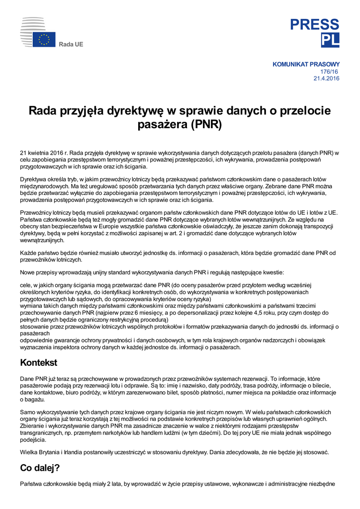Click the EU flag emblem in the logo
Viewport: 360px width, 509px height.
click(44, 39)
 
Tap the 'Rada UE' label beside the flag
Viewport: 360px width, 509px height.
click(71, 45)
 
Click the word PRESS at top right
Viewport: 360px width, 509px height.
click(315, 24)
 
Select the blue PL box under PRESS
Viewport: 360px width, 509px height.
click(330, 40)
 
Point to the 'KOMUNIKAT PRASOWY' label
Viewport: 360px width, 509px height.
click(306, 64)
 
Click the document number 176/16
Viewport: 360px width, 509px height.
click(330, 71)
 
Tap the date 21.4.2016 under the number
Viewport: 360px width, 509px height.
click(326, 78)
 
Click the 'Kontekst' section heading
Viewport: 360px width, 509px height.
click(38, 363)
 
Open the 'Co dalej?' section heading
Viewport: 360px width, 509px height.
click(40, 468)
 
